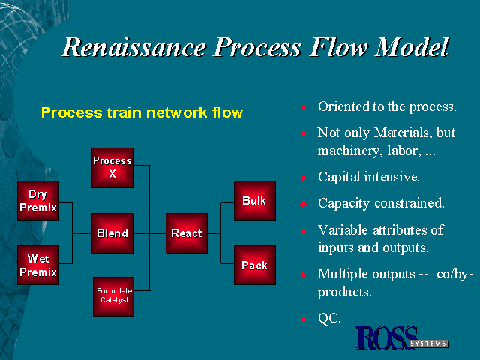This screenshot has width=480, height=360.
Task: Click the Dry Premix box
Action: (38, 201)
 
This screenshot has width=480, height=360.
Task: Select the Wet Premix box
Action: (38, 265)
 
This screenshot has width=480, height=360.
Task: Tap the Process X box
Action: (112, 167)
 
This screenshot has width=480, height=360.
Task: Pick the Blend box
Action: (112, 233)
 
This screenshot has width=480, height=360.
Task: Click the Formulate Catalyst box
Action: (113, 295)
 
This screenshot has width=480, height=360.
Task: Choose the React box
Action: (187, 233)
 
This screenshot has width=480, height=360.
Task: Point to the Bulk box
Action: (254, 201)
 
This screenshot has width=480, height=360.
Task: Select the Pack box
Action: (254, 265)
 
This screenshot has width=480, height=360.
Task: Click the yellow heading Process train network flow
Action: (142, 113)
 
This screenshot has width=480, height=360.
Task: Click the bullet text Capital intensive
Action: (368, 178)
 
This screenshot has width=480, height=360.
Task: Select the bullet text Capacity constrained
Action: (381, 203)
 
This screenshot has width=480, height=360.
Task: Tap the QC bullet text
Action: (329, 318)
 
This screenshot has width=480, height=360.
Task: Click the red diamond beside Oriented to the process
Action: (304, 107)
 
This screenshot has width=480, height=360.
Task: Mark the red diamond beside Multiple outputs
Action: (304, 274)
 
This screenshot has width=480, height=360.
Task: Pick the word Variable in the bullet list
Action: (341, 229)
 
